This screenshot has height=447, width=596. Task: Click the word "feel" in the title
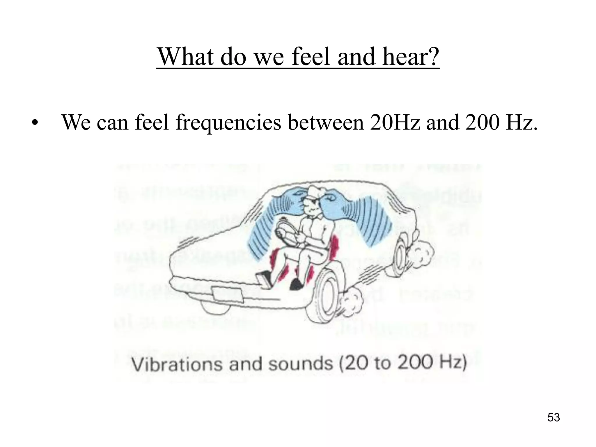(x=312, y=56)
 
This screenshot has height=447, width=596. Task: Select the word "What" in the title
(x=187, y=56)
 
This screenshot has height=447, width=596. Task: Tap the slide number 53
(x=554, y=417)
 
